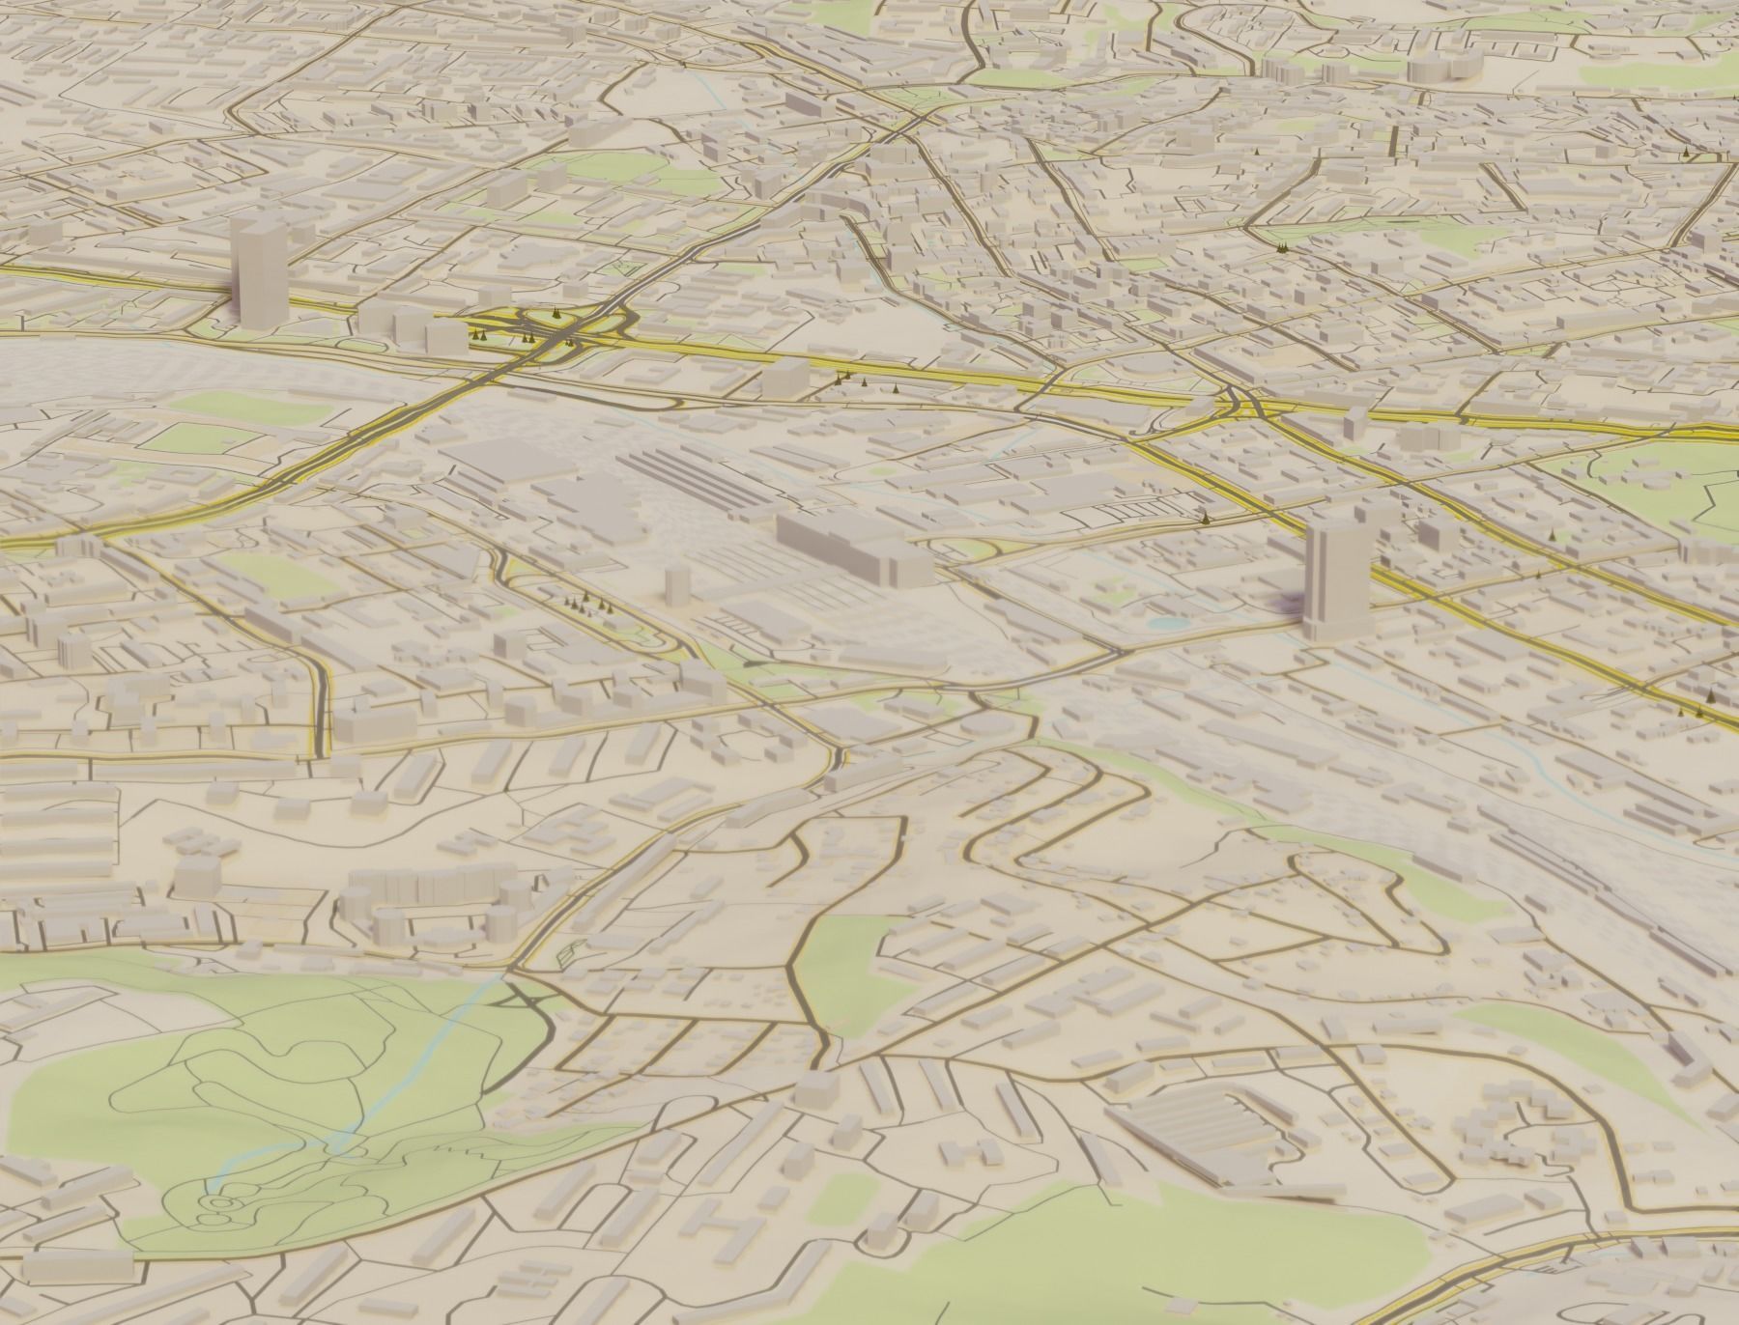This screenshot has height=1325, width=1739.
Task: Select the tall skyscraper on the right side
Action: pos(1334,576)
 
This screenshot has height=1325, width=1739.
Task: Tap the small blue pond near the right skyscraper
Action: pos(1168,624)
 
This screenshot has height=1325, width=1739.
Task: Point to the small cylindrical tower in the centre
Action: pos(677,584)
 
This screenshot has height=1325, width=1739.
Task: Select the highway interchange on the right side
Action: pos(1241,406)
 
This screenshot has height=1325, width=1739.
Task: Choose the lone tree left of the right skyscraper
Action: pos(1205,519)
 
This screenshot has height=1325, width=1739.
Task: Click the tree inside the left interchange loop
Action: pos(556,313)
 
